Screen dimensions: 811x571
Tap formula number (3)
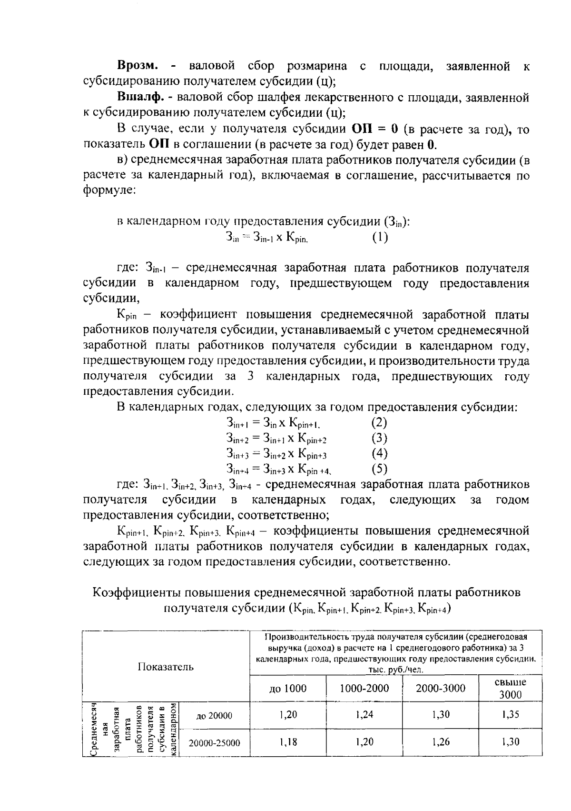(x=379, y=438)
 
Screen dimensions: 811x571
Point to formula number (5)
(x=379, y=469)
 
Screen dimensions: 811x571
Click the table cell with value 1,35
(x=511, y=714)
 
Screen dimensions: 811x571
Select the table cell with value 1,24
(x=364, y=714)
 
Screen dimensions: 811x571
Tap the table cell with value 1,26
(x=441, y=742)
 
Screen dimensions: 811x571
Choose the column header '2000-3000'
(x=441, y=688)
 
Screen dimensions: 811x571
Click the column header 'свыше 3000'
(x=511, y=688)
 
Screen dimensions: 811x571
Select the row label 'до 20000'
(x=214, y=716)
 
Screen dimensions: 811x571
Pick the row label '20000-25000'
(x=214, y=743)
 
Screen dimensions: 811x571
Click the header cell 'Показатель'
(x=166, y=667)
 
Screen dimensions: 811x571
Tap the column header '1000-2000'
(x=364, y=688)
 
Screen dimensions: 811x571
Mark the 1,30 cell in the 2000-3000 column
(x=441, y=714)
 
